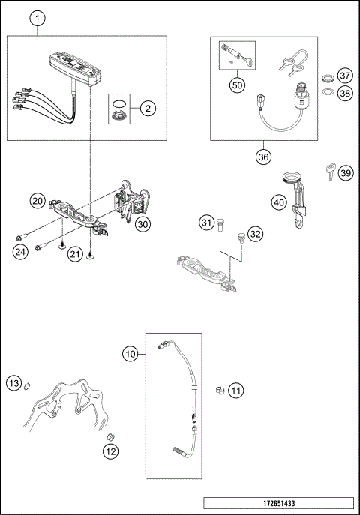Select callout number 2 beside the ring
(148, 109)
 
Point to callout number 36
(263, 157)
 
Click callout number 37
(344, 76)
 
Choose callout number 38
(344, 93)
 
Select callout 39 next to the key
(344, 173)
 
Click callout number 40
(277, 202)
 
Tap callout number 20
(37, 201)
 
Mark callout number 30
(142, 223)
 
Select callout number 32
(256, 234)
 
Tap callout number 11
(235, 390)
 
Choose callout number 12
(111, 451)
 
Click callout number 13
(13, 383)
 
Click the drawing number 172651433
(277, 503)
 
